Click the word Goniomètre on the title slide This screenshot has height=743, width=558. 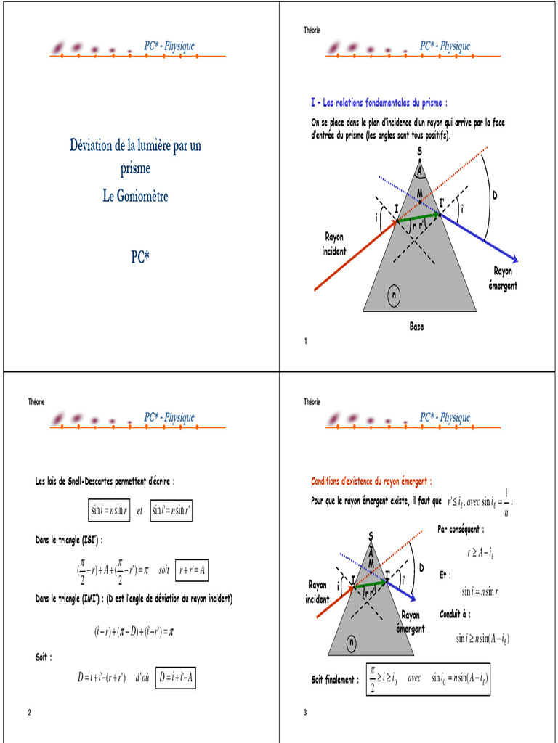tap(143, 196)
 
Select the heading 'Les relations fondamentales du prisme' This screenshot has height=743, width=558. tap(382, 102)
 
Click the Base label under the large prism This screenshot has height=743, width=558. tap(416, 327)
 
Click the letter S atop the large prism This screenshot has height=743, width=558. tap(419, 150)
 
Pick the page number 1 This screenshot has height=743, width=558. tap(306, 341)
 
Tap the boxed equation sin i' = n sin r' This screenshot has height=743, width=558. tap(171, 511)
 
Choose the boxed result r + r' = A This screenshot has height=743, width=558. tap(193, 570)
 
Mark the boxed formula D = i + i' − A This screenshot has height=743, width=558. tap(177, 678)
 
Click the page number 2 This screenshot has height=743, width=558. tap(29, 713)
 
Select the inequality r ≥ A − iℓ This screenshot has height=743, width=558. tap(480, 553)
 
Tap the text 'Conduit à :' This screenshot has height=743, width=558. tap(456, 614)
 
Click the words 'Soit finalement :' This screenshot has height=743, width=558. tap(335, 680)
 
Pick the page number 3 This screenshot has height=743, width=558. tap(306, 713)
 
